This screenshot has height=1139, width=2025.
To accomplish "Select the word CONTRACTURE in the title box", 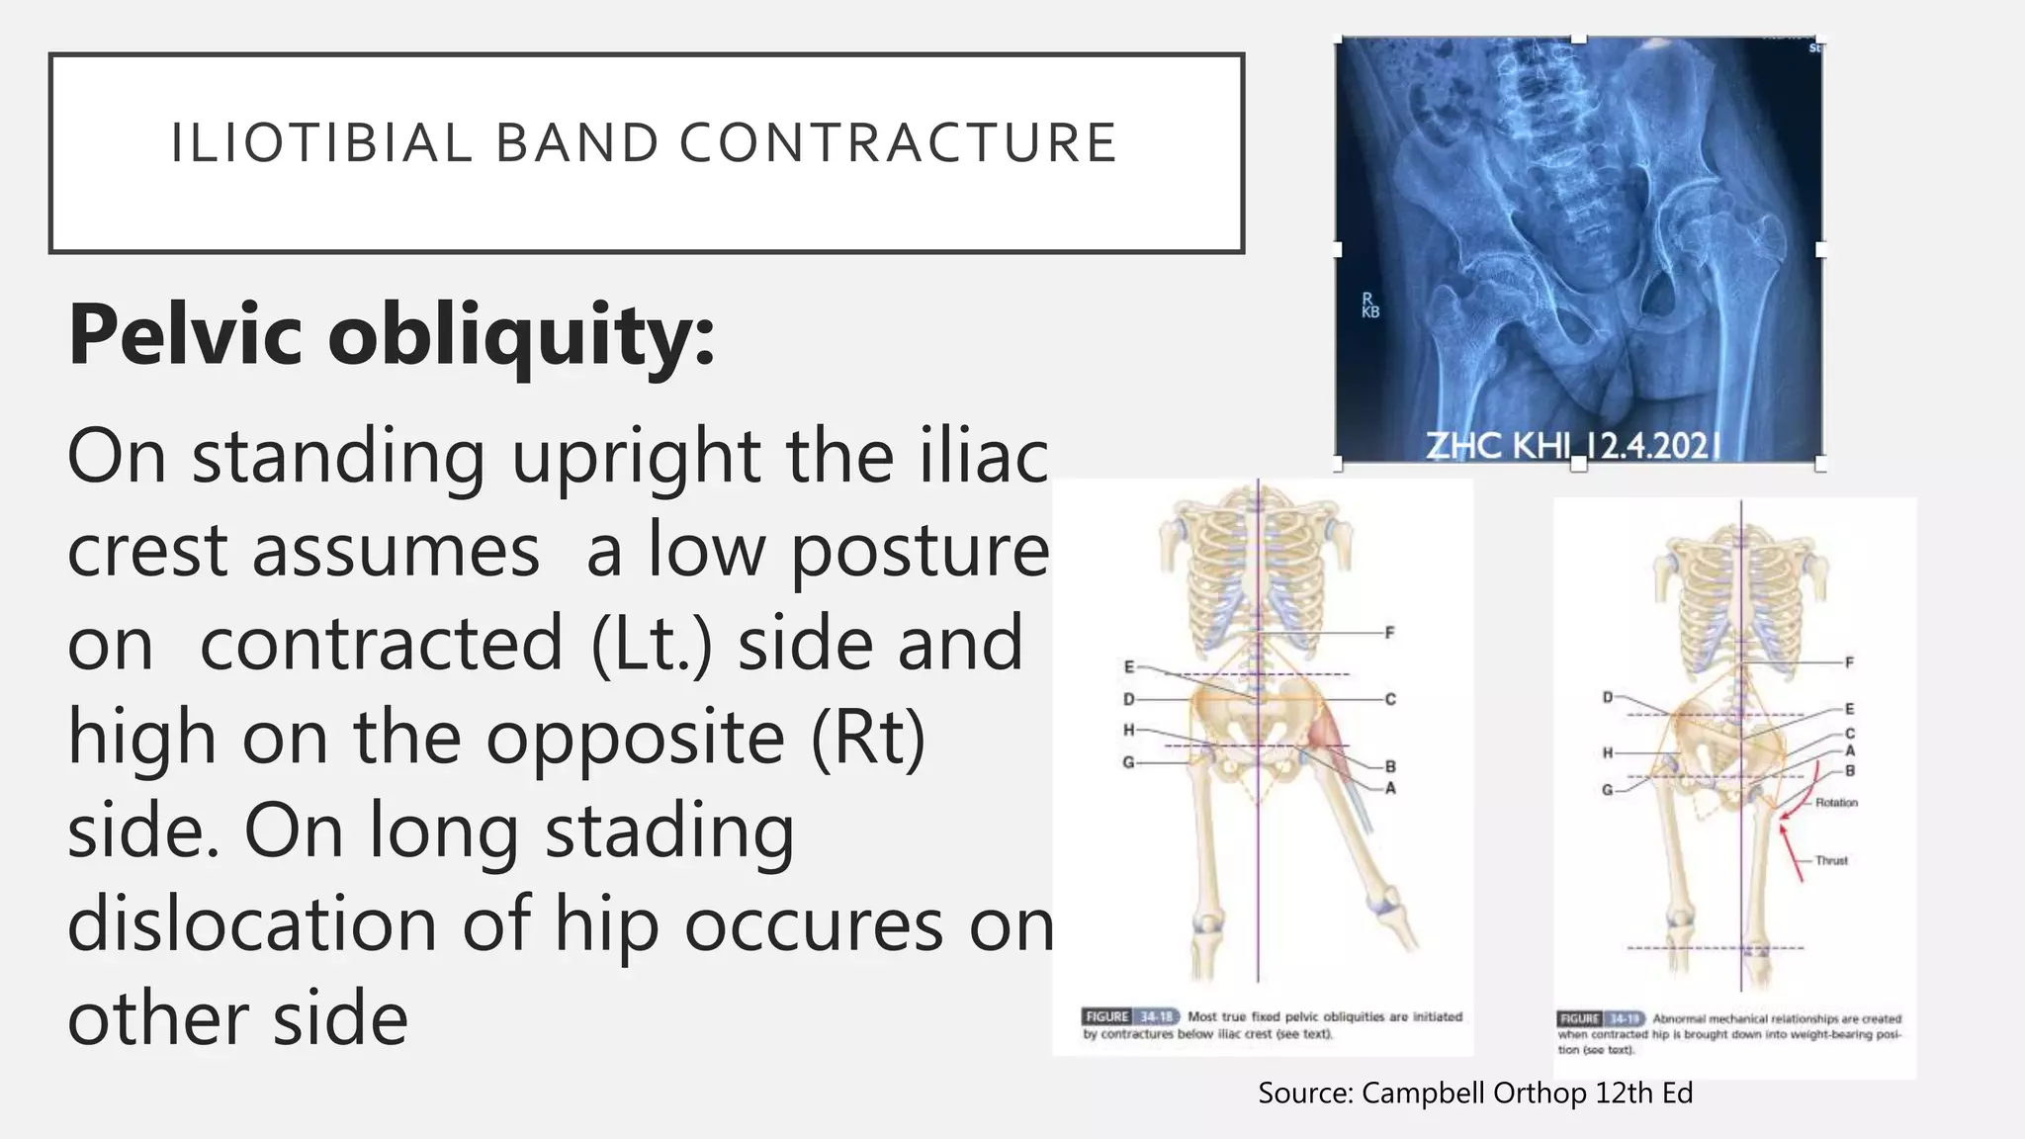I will coord(898,143).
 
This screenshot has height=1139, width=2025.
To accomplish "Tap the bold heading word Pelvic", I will coord(185,335).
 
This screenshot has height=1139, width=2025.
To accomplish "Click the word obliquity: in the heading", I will coord(521,335).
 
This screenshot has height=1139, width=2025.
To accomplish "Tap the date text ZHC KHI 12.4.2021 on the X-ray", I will coord(1572,447).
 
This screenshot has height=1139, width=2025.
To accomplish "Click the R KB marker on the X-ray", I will coord(1369,306).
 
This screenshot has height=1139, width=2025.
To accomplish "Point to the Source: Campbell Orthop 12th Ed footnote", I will coord(1474,1093).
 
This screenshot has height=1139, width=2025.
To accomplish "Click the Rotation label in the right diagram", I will coord(1835,803).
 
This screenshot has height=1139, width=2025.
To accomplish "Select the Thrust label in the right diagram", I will coord(1831,860).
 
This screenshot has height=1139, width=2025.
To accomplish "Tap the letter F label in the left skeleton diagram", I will coord(1389,633).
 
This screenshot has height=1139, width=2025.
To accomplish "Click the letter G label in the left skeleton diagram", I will coord(1128,762).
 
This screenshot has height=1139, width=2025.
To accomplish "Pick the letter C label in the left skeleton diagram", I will coord(1389,699).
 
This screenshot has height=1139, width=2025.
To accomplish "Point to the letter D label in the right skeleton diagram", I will coord(1608,698).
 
